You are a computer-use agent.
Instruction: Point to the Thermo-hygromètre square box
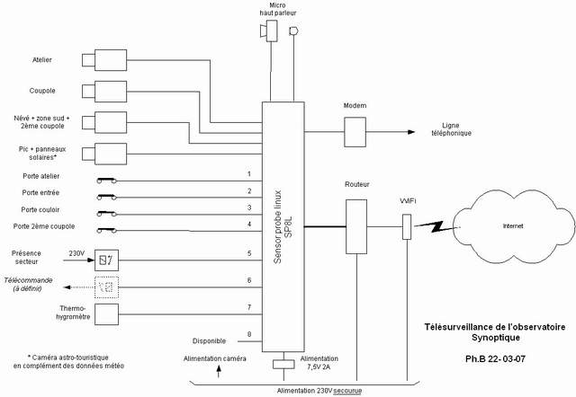click(x=106, y=315)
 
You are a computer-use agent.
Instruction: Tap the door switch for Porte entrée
click(x=107, y=196)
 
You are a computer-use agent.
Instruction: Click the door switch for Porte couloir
click(x=107, y=212)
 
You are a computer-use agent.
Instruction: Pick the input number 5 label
click(x=248, y=254)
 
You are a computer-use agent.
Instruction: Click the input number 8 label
click(x=248, y=336)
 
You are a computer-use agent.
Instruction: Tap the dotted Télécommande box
click(x=106, y=287)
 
